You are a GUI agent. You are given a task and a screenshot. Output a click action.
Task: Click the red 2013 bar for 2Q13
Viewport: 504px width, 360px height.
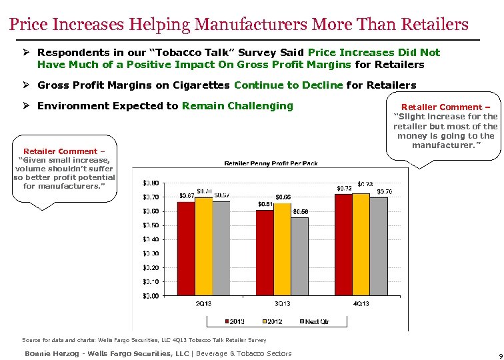186,248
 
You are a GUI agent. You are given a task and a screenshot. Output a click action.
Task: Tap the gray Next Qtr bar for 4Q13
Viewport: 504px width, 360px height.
378,246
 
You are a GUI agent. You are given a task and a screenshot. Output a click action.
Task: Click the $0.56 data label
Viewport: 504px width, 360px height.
301,211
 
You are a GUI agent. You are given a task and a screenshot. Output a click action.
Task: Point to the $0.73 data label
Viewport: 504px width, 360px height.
365,184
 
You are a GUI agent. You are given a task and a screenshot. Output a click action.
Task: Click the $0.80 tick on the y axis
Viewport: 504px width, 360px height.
151,183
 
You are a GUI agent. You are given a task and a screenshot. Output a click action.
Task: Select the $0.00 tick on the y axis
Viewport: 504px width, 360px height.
151,295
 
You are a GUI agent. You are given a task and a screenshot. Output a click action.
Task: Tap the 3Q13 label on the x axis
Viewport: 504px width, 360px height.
282,304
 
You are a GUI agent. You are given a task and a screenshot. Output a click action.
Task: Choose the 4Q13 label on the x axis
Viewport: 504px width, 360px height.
361,304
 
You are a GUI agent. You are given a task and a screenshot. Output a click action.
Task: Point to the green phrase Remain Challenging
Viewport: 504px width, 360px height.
237,106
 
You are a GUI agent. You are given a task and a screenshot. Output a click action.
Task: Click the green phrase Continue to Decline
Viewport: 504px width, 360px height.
289,85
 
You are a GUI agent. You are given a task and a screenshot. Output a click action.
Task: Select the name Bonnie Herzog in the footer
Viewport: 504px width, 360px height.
51,353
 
